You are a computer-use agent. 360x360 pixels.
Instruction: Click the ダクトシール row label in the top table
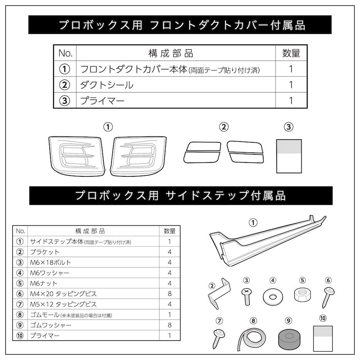(106, 85)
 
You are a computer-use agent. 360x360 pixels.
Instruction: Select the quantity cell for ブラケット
(169, 252)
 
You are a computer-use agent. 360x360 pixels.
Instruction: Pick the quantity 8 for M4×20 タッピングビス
(169, 294)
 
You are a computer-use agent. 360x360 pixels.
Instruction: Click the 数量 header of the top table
(291, 53)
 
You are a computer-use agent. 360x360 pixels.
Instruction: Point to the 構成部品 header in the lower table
(90, 231)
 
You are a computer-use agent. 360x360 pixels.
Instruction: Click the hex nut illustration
(303, 295)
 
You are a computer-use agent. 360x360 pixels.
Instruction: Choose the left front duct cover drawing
(77, 156)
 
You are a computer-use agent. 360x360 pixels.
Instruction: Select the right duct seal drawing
(245, 152)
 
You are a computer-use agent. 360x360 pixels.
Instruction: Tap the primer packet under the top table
(289, 156)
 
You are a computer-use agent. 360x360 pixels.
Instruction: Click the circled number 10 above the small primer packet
(323, 318)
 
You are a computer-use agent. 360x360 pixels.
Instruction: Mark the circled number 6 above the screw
(328, 280)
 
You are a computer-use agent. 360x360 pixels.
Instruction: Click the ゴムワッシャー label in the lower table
(51, 325)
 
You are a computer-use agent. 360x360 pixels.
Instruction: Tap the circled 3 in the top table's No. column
(64, 101)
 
